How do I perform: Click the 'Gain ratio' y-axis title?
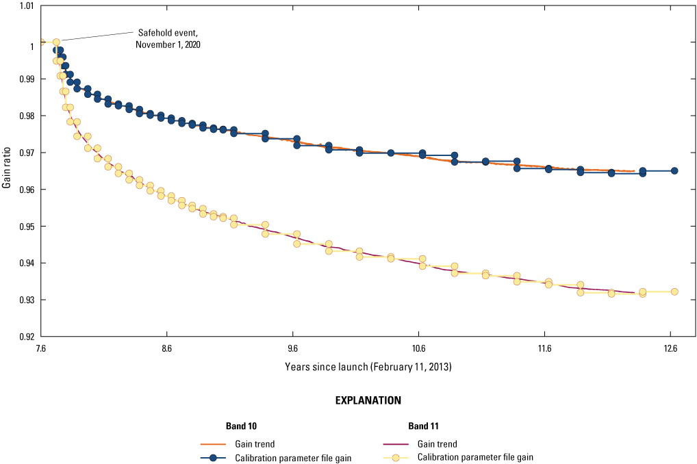(x=6, y=170)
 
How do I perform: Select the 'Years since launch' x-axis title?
(x=368, y=367)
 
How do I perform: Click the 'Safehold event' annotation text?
(x=168, y=38)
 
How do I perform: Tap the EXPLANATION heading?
(x=368, y=400)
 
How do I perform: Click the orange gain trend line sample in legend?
(x=213, y=444)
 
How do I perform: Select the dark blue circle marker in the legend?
(x=213, y=458)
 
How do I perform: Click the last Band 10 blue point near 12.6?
(x=674, y=171)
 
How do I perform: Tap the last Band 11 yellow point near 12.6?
(x=674, y=292)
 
